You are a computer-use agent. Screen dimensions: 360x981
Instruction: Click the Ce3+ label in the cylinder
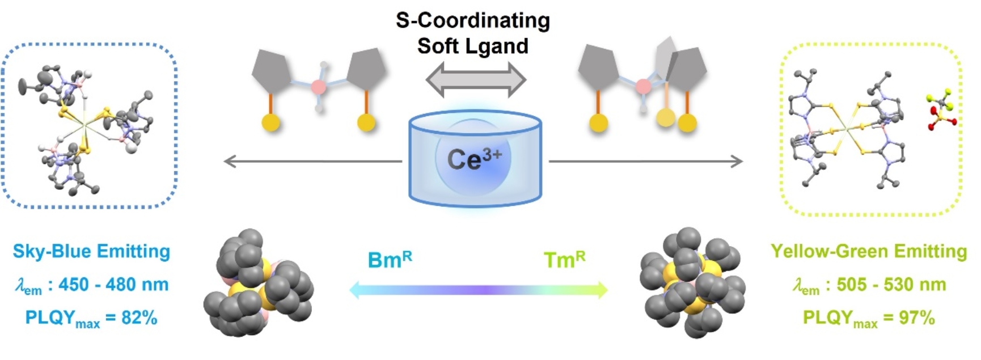tap(474, 159)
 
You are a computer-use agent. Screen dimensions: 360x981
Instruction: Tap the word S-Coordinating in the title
tap(473, 20)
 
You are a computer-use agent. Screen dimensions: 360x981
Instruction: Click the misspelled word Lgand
tap(498, 46)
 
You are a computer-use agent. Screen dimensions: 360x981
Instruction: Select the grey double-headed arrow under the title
tap(476, 80)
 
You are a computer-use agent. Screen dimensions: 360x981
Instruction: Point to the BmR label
tap(390, 259)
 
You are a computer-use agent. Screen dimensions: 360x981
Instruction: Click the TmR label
tap(564, 259)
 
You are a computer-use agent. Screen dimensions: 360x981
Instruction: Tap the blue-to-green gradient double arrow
tap(478, 290)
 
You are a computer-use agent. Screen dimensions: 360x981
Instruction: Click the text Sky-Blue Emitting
tap(91, 251)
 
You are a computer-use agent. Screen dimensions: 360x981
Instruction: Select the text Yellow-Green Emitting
tap(868, 251)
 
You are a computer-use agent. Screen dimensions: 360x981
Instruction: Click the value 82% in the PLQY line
tap(139, 318)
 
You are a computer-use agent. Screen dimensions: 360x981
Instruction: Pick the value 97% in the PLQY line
tap(916, 318)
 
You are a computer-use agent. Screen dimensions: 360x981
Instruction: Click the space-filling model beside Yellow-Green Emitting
tap(692, 283)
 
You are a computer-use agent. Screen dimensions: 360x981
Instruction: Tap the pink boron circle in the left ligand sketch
tap(319, 87)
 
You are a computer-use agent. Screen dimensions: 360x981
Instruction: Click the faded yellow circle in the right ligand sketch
tap(666, 118)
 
